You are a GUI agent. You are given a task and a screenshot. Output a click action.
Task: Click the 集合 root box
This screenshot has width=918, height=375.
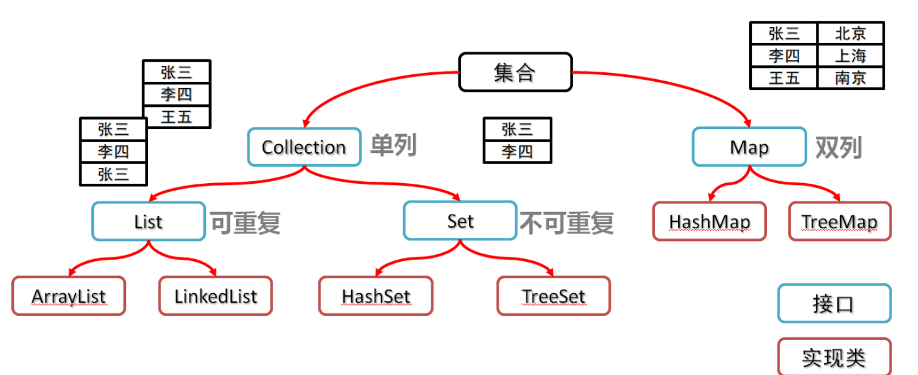tap(515, 72)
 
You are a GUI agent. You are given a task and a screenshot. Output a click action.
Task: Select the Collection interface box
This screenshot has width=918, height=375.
tap(304, 147)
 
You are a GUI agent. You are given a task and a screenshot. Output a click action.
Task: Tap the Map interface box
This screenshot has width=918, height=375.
tap(749, 147)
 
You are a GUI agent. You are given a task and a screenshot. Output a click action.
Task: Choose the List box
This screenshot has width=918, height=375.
tap(148, 221)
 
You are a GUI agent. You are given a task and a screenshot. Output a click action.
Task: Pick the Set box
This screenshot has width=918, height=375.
tap(460, 221)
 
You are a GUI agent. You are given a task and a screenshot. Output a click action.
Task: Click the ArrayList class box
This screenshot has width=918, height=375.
tap(69, 296)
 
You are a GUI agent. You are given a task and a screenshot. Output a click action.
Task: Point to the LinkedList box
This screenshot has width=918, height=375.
tap(215, 296)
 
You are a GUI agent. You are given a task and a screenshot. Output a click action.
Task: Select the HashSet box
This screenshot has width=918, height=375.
tap(376, 296)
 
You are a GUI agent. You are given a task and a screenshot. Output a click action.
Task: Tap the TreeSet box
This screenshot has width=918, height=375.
tap(553, 296)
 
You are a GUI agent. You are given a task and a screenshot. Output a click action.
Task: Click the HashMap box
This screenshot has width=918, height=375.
tap(709, 221)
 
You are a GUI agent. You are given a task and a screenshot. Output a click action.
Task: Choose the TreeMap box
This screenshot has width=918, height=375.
tap(839, 221)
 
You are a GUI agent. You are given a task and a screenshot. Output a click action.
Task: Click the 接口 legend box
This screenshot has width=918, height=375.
tap(834, 304)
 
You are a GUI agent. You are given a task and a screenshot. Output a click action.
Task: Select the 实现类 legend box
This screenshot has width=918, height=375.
tap(834, 357)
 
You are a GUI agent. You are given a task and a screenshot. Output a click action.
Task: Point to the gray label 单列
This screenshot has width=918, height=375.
tap(393, 146)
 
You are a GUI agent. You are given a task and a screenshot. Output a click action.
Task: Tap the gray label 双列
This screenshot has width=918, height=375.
tap(838, 147)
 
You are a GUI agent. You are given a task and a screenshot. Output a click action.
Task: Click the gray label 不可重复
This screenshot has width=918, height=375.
tap(566, 223)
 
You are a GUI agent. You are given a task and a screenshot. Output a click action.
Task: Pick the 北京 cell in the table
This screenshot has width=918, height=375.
tap(850, 33)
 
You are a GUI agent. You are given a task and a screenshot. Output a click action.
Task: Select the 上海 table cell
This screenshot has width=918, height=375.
tap(850, 55)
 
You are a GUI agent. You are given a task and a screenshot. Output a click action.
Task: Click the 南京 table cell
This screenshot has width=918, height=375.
tap(850, 77)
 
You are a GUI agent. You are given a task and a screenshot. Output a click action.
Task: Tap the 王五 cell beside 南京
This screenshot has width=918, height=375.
tap(784, 77)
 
